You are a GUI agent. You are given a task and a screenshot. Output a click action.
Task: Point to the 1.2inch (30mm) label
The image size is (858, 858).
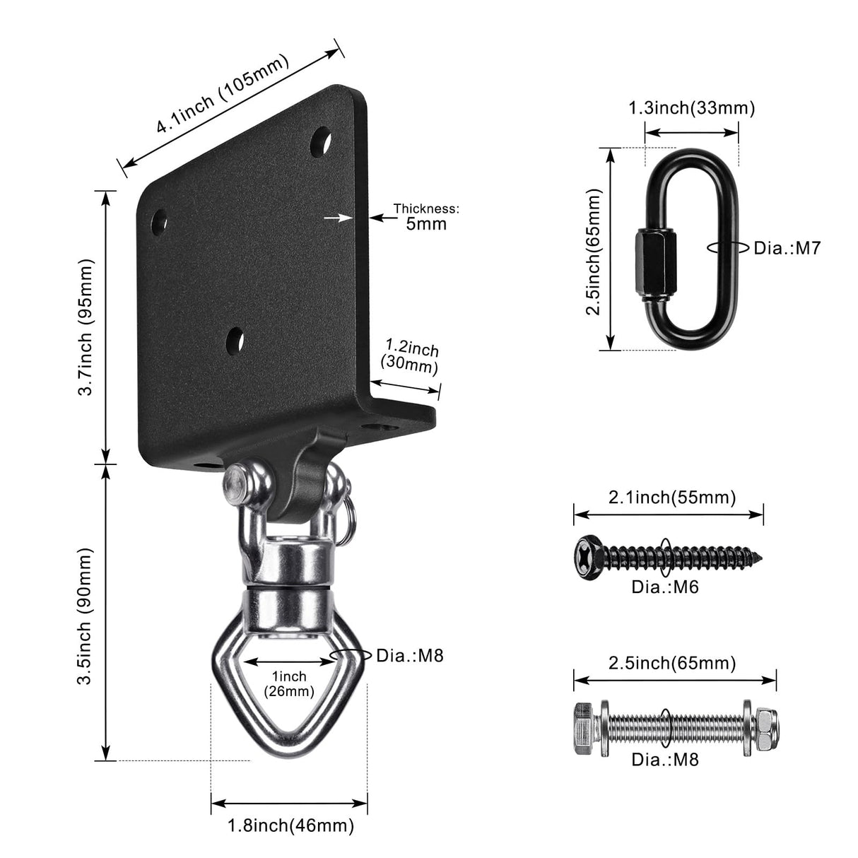[410, 357]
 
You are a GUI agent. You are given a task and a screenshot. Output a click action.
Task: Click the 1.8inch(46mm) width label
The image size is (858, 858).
[290, 825]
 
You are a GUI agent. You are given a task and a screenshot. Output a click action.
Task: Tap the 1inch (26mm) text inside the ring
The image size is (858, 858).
[288, 684]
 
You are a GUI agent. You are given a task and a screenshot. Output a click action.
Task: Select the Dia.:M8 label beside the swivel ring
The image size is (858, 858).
[410, 655]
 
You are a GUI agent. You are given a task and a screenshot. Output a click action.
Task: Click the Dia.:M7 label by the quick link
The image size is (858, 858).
[787, 248]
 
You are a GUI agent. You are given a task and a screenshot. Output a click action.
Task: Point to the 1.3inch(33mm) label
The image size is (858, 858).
[692, 108]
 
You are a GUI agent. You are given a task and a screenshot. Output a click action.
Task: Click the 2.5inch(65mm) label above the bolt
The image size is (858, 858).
[672, 663]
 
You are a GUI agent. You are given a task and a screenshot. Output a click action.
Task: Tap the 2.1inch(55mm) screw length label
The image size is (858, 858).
[672, 497]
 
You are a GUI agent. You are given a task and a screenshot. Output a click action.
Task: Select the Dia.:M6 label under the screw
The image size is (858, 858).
[664, 586]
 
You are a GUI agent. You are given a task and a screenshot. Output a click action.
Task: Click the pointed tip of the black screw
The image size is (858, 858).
[760, 556]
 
